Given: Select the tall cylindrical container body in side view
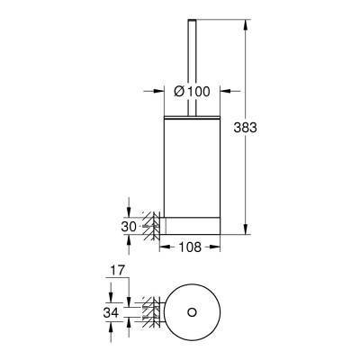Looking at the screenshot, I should click(x=191, y=166).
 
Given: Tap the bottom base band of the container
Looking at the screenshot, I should click(x=191, y=225).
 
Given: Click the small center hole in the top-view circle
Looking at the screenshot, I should click(x=191, y=312).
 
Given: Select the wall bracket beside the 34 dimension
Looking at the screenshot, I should click(x=152, y=312).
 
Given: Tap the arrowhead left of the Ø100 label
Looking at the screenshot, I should click(x=166, y=91).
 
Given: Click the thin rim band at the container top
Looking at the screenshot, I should click(x=191, y=117).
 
